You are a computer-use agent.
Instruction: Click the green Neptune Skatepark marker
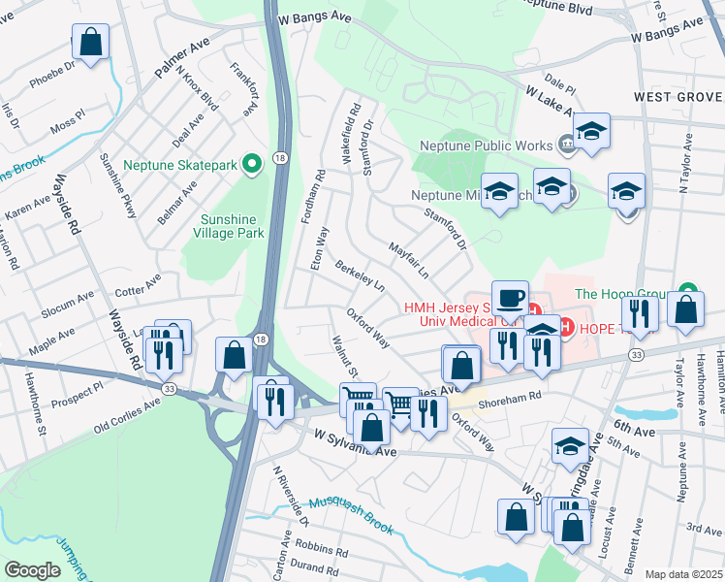tap(252, 165)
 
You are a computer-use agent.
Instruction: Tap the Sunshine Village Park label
tap(233, 226)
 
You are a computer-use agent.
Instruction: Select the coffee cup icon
tap(510, 297)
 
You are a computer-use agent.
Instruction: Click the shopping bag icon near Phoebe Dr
tap(90, 43)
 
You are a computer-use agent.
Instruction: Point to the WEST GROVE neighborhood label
tap(678, 97)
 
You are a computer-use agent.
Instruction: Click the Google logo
tap(32, 570)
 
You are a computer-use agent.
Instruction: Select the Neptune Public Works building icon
tap(565, 145)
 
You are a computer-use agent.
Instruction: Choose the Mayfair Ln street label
tap(409, 259)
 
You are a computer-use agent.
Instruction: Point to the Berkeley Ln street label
tap(359, 275)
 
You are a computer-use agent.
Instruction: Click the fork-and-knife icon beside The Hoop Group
tap(640, 312)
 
